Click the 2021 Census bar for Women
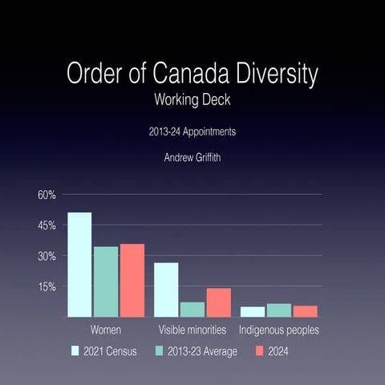(79, 265)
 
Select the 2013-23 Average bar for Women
(106, 282)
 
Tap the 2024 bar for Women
(132, 280)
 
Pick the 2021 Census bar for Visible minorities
(166, 290)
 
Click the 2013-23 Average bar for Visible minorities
(192, 309)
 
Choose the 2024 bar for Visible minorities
(219, 302)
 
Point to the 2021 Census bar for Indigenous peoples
(253, 311)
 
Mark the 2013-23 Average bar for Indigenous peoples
(279, 310)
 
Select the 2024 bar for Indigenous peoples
(306, 311)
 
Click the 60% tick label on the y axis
(45, 195)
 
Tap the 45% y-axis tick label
(45, 225)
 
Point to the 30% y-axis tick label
(45, 256)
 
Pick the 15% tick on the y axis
(45, 286)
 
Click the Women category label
(106, 330)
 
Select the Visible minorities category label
(192, 330)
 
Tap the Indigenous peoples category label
(279, 330)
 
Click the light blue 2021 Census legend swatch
(75, 351)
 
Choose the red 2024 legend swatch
(259, 351)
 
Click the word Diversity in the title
(274, 75)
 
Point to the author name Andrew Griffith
(192, 159)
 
